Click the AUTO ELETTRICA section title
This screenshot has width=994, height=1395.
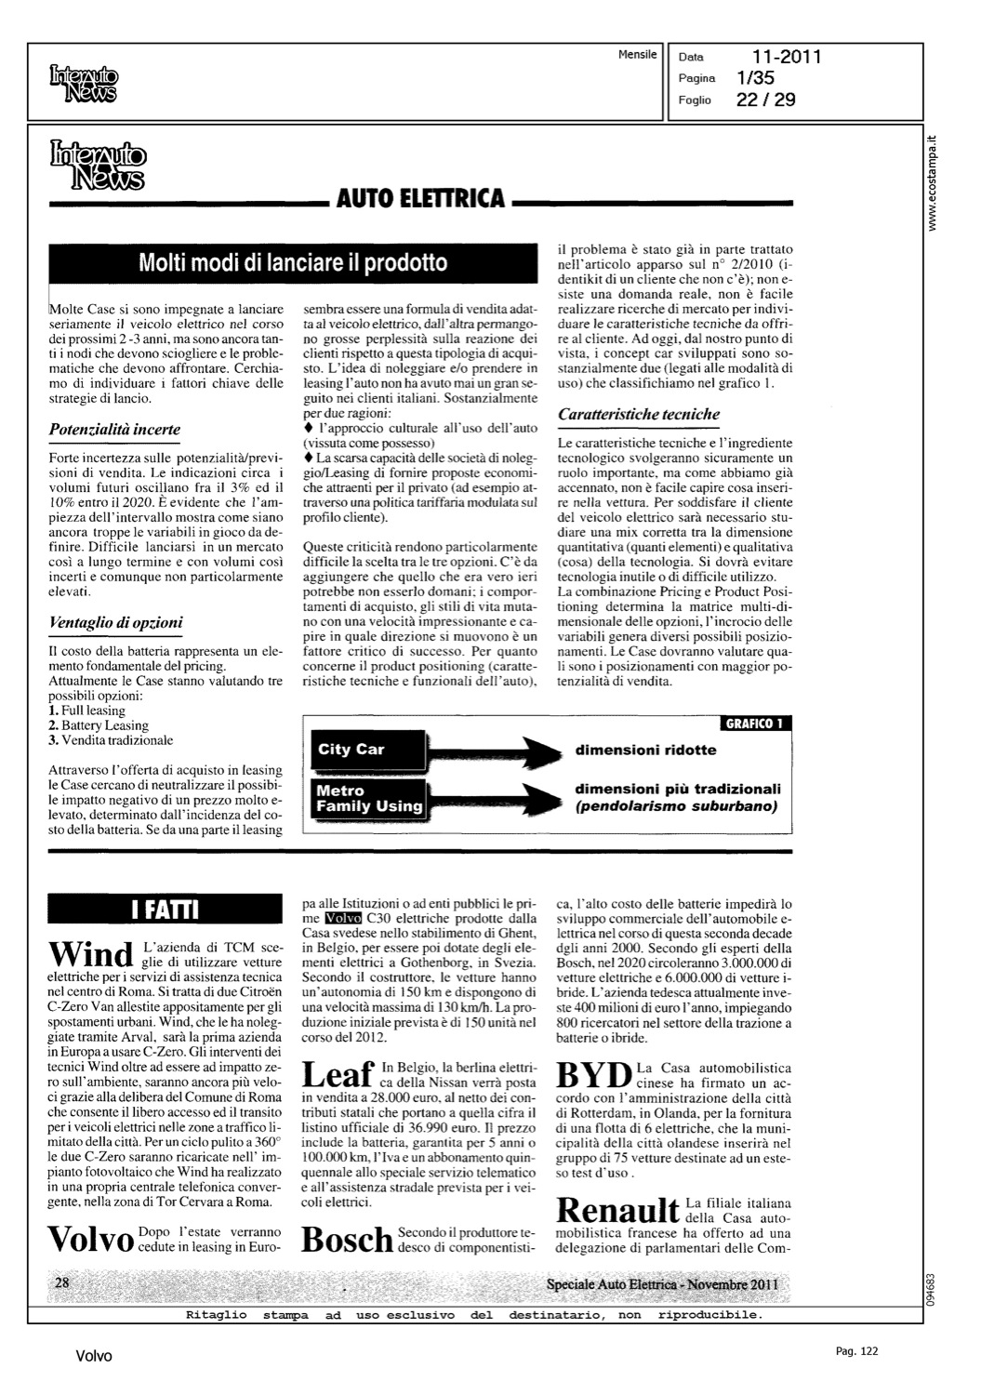[x=419, y=198]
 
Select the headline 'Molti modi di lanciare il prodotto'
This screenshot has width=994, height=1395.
[x=293, y=263]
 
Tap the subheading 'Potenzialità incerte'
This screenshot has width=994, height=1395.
[x=114, y=430]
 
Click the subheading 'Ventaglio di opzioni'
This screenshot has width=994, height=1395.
[x=115, y=622]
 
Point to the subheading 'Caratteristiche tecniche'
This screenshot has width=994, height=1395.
[x=638, y=415]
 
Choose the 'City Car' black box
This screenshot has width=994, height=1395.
[x=368, y=750]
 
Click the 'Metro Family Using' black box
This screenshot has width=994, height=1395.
[x=369, y=799]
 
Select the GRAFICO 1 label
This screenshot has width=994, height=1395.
[x=755, y=724]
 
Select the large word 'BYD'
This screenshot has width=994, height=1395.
[x=594, y=1075]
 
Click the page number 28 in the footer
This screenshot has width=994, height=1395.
[x=63, y=1283]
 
